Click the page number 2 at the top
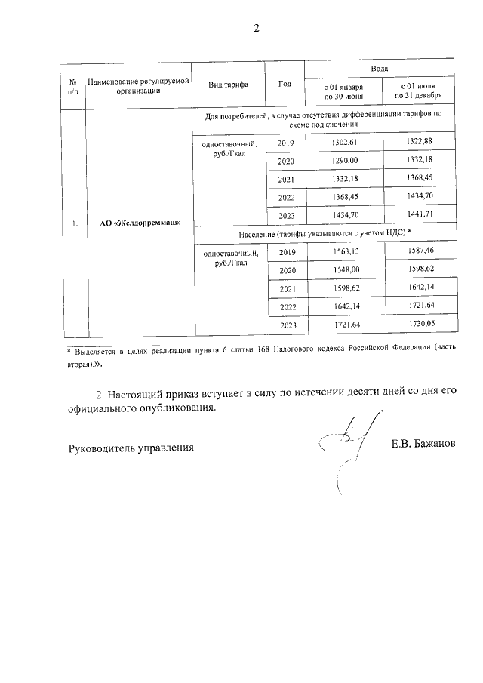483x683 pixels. (256, 29)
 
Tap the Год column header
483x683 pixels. (285, 84)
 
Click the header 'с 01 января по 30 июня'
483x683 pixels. (343, 92)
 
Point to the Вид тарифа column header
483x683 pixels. (229, 84)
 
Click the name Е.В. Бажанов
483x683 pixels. (423, 446)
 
